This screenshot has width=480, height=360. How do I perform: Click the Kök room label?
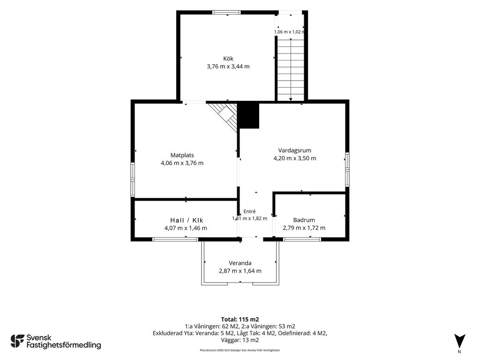tap(228, 59)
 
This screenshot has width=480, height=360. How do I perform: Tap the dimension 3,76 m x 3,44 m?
tap(228, 67)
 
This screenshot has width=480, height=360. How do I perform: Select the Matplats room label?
tap(182, 155)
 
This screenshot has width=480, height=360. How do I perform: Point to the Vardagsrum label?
tap(295, 150)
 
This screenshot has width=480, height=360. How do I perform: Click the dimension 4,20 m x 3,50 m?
tap(295, 158)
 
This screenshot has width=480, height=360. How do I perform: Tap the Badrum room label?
tap(304, 220)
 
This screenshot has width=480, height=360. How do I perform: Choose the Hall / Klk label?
tap(187, 220)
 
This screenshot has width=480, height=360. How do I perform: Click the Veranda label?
tap(240, 263)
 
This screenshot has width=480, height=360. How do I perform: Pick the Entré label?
tap(249, 211)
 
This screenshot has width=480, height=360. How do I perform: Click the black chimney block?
tap(249, 115)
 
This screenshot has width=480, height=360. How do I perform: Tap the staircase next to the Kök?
tap(291, 68)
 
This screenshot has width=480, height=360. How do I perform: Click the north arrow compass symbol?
tap(459, 341)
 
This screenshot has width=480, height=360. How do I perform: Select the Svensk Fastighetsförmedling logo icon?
tap(17, 341)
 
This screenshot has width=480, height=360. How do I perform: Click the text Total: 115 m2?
tap(240, 320)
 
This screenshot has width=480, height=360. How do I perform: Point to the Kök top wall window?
tap(226, 13)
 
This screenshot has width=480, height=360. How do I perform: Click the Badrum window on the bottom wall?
tap(302, 239)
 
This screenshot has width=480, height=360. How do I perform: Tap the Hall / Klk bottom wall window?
tap(175, 239)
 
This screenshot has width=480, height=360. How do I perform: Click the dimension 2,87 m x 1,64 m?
tap(240, 271)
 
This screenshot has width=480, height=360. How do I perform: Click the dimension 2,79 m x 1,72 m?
tap(304, 228)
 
